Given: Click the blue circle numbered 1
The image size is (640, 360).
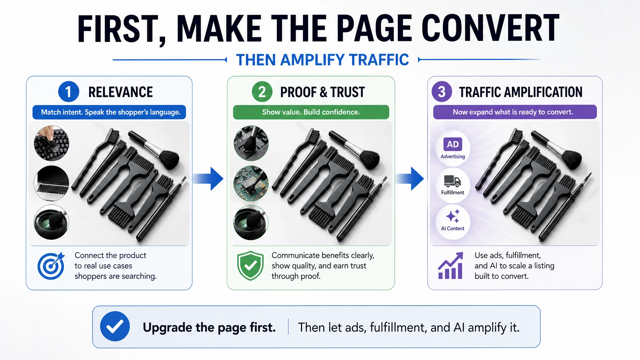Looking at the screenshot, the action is [68, 92].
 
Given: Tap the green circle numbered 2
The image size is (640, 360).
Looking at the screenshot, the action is [262, 92].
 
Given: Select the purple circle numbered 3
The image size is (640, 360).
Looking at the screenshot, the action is [442, 92].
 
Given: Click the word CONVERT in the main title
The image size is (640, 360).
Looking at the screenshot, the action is [490, 28].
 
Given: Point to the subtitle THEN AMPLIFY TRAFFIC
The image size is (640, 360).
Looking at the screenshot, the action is [322, 60].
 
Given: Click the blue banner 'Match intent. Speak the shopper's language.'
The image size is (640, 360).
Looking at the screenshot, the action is [109, 112].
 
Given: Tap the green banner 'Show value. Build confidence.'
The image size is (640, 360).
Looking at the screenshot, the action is [311, 112].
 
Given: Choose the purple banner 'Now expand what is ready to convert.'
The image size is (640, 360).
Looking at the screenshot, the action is [515, 112].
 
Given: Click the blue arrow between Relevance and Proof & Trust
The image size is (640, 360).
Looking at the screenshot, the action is [208, 179].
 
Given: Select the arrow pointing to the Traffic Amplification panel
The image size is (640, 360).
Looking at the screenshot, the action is [409, 179].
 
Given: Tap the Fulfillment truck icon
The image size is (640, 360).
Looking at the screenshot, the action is [452, 181].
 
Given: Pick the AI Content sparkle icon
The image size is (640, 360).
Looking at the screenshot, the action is [453, 216].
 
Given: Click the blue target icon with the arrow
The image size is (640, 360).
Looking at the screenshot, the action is [51, 266].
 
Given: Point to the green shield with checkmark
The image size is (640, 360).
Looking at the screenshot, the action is [250, 266].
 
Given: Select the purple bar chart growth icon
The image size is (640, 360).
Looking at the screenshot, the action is [450, 266].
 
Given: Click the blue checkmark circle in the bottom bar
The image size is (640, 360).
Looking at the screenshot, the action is [115, 326].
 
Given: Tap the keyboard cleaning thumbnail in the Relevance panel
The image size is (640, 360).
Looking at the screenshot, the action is [51, 143].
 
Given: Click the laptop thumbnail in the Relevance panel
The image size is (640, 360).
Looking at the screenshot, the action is [51, 183].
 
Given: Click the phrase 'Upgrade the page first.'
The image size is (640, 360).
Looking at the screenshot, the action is [209, 327].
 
